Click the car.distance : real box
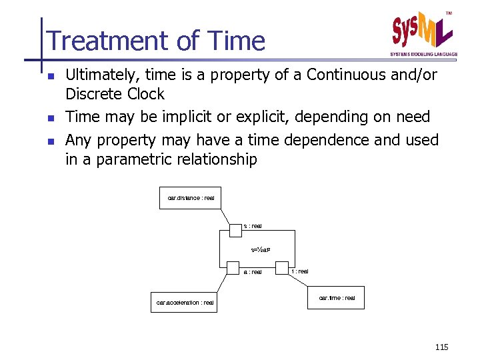191,198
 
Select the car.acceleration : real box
185,302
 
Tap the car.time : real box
337,298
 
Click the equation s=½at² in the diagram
259,250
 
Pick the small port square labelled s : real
235,230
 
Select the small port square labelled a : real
233,268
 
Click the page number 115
441,347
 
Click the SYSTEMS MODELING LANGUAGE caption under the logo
423,54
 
